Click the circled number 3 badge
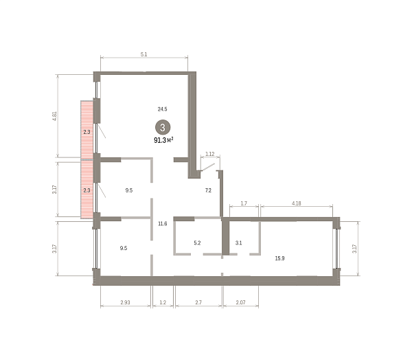click(163, 128)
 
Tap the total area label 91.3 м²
click(163, 140)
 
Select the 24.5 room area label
click(162, 109)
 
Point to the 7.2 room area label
click(208, 190)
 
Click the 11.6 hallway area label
click(163, 223)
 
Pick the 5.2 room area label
click(197, 243)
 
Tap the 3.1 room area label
click(238, 243)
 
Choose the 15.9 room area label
click(280, 258)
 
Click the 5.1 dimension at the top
click(144, 54)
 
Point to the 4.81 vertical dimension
click(55, 116)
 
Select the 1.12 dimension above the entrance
click(210, 154)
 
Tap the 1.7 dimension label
click(244, 203)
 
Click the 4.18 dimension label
click(297, 203)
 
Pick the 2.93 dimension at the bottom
click(126, 302)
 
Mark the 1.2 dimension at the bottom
click(163, 302)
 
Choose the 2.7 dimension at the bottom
click(198, 302)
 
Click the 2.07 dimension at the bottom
click(241, 302)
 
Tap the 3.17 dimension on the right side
click(354, 249)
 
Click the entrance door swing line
click(207, 167)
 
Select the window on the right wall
click(337, 249)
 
